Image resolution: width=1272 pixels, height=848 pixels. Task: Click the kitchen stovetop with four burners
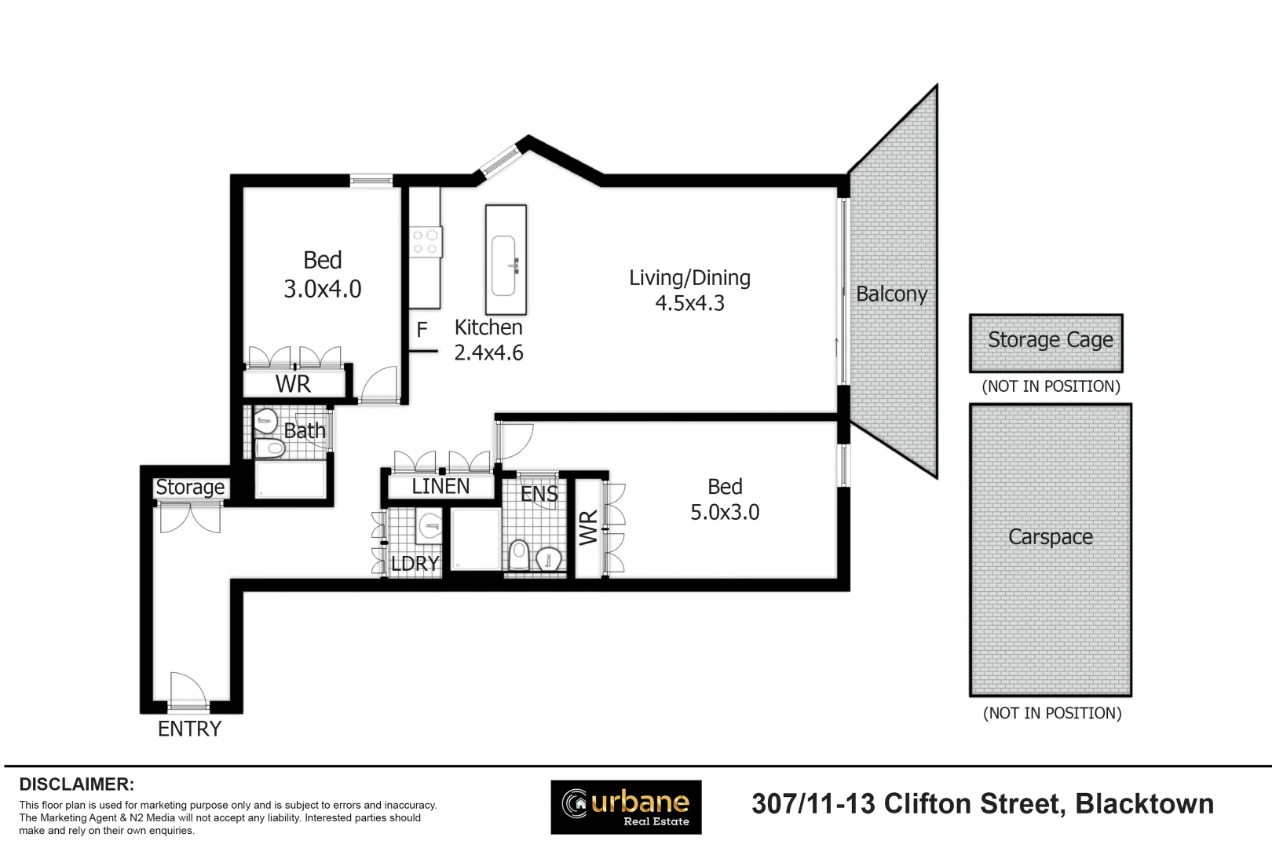[426, 242]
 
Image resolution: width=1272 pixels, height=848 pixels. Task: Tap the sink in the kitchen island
[503, 266]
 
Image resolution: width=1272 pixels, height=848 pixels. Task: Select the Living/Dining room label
[689, 278]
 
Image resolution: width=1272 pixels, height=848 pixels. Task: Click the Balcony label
[891, 294]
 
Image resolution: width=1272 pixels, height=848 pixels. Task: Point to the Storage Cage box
[1046, 343]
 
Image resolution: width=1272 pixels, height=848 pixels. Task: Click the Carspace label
[1051, 537]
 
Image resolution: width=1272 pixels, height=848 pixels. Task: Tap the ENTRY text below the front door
[189, 729]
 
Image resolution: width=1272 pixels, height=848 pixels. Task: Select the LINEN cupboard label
[440, 486]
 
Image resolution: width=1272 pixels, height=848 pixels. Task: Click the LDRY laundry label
[415, 564]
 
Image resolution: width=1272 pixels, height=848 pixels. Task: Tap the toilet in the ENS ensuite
[519, 555]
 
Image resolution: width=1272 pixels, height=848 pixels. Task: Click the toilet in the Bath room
[270, 448]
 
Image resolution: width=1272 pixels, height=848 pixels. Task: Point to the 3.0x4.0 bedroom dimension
[323, 289]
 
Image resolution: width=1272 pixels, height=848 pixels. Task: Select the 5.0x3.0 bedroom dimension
[725, 512]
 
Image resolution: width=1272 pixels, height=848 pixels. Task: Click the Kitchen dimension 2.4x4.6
[488, 353]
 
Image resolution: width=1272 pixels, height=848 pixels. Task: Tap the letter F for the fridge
[422, 330]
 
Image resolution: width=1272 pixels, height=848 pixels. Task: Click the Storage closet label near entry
[190, 488]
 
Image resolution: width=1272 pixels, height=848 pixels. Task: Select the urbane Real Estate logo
[626, 807]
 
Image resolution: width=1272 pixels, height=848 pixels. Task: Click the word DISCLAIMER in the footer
[77, 784]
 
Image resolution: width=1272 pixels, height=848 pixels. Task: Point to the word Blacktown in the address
[1145, 804]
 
